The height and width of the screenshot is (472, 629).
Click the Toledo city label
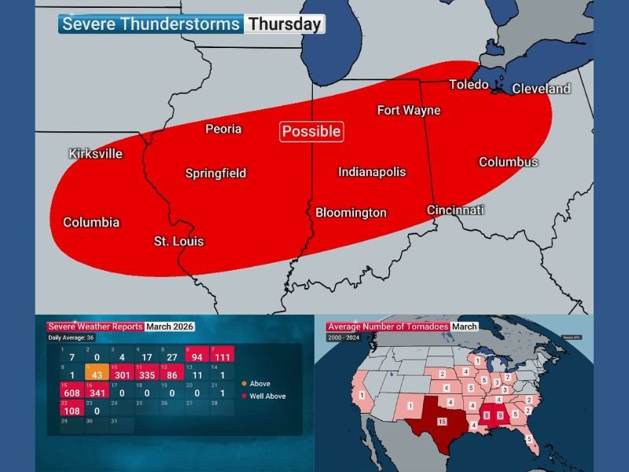[x=469, y=85]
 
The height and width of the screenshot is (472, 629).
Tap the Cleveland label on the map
[x=541, y=89]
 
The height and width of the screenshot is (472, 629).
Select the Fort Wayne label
[x=409, y=110]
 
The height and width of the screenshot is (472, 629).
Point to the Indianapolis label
[x=372, y=171]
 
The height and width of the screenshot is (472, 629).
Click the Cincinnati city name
[x=455, y=210]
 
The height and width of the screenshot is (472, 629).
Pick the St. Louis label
[x=178, y=241]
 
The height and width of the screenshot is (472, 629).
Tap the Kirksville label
[x=96, y=153]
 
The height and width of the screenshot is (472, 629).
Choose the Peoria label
[x=223, y=129]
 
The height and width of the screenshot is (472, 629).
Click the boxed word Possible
[x=311, y=131]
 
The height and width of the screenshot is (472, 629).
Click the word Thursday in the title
[x=284, y=24]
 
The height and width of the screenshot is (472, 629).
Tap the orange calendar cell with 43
[x=97, y=374]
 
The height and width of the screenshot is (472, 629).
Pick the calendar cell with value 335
[x=147, y=374]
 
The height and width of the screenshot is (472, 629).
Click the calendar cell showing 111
[x=223, y=356]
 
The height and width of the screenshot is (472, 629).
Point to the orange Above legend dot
[x=244, y=384]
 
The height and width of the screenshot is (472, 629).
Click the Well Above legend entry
[x=264, y=396]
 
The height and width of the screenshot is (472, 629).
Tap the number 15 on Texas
[x=442, y=422]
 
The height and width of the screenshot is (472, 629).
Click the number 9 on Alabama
[x=499, y=415]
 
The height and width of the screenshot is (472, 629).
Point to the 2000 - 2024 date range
[x=343, y=337]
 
